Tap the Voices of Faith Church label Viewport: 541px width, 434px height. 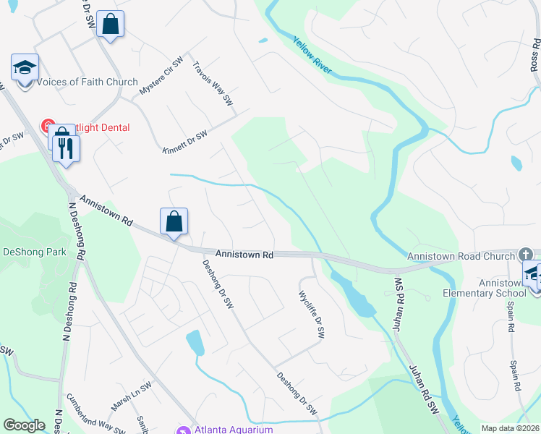click(x=87, y=82)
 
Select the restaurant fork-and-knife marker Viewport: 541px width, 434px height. click(x=66, y=148)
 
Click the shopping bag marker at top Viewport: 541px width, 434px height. click(x=110, y=24)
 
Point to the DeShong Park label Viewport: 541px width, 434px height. click(x=34, y=252)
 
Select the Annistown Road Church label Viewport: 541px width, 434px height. click(x=460, y=256)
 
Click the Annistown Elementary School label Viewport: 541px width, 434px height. click(x=485, y=288)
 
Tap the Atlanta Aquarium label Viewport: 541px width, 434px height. click(x=233, y=430)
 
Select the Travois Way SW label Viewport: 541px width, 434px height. click(x=212, y=82)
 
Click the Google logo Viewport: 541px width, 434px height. click(x=24, y=425)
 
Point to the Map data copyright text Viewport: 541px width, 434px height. click(x=509, y=428)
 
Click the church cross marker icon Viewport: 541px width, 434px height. click(x=526, y=255)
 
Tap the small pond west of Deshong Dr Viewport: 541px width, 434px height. click(x=195, y=342)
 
